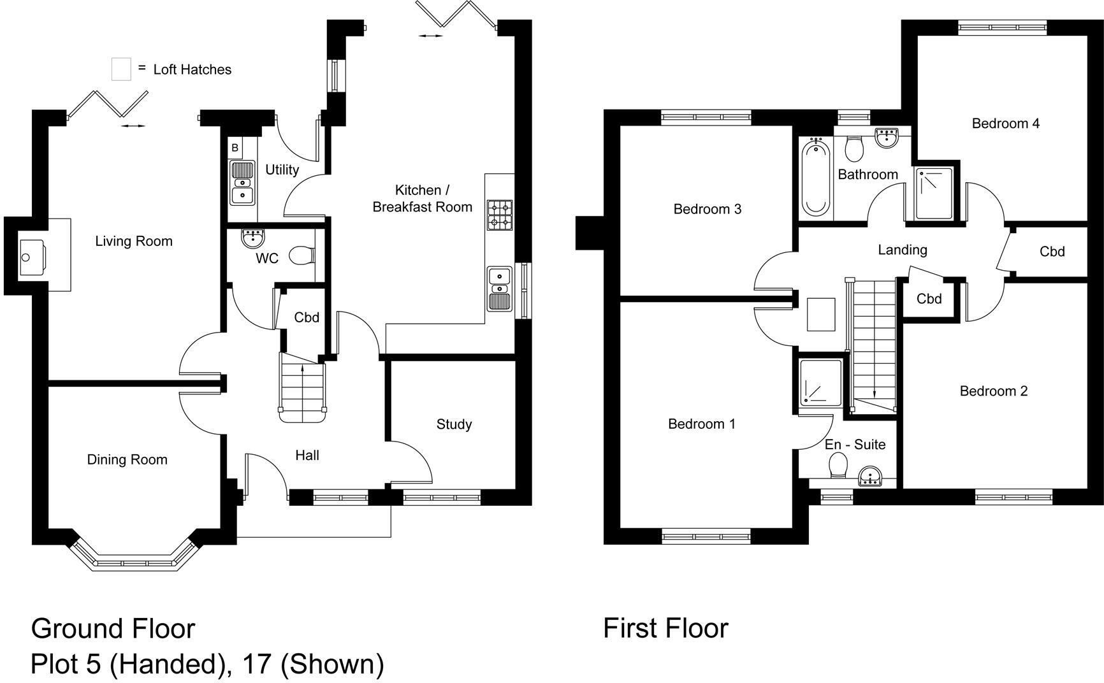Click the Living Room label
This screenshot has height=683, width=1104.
pos(134,241)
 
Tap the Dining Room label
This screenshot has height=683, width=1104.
pos(127,459)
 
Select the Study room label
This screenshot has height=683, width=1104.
pos(454,424)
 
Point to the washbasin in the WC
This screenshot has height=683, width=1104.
pos(253,238)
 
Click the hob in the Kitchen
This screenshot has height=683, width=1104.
pos(500,215)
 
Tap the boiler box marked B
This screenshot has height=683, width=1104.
pos(235,148)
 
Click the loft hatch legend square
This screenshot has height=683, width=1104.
pos(121,69)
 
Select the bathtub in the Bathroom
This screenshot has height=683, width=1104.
pos(815,178)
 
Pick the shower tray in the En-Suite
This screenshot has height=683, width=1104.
pos(820,383)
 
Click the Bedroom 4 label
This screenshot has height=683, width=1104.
pos(1005,124)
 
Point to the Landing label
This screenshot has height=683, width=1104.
pos(902,250)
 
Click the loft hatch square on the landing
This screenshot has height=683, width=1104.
pos(821,314)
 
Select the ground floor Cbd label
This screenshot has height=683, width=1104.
pos(307,317)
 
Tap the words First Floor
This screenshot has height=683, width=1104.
pos(665,628)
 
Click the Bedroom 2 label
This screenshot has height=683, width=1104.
pos(994,391)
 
